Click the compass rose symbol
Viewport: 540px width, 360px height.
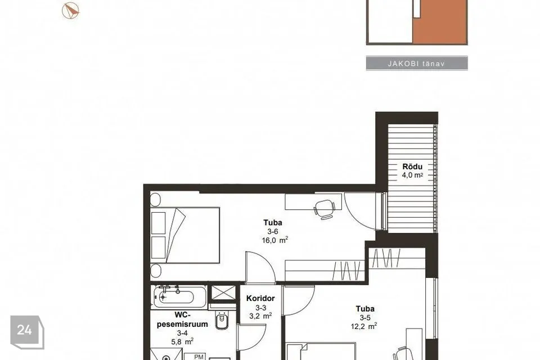point(71,11)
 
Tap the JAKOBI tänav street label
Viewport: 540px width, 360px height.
point(416,64)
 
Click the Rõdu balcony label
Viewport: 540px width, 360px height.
point(412,166)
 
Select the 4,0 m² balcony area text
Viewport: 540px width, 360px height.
point(412,175)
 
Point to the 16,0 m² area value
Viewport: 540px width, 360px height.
point(275,240)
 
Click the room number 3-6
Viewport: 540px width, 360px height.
point(273,232)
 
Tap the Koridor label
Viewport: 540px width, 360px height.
point(260,298)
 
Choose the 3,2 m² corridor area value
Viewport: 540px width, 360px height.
point(260,316)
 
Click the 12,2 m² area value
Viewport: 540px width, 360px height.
point(364,326)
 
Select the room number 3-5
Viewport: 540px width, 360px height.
point(365,318)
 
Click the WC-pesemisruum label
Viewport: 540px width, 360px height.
point(182,319)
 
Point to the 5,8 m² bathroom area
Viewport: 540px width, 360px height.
point(182,342)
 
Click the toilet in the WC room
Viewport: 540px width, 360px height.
point(222,320)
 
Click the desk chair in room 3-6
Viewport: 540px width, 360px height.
point(325,209)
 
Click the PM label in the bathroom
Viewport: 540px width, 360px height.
point(199,357)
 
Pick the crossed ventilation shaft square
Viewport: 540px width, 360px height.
point(223,293)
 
